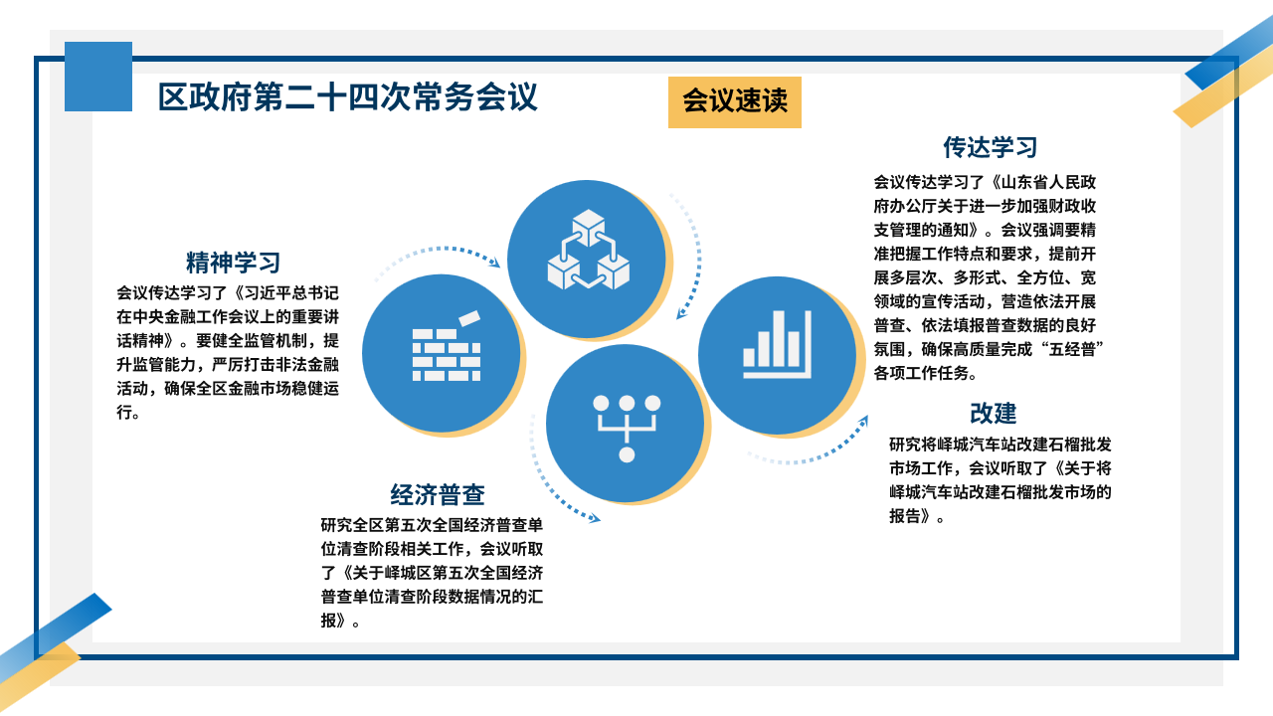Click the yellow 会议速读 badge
click(x=734, y=102)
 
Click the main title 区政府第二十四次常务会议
click(x=347, y=97)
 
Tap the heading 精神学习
click(x=233, y=263)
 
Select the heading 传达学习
click(x=990, y=147)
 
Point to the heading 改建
click(x=993, y=413)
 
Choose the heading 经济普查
click(x=437, y=495)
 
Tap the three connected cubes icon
click(x=588, y=250)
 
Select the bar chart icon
click(x=777, y=344)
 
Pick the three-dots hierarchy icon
click(x=627, y=429)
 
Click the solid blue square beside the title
click(x=98, y=77)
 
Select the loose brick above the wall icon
click(x=469, y=318)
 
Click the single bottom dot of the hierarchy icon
click(x=627, y=454)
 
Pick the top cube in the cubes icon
click(x=588, y=228)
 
